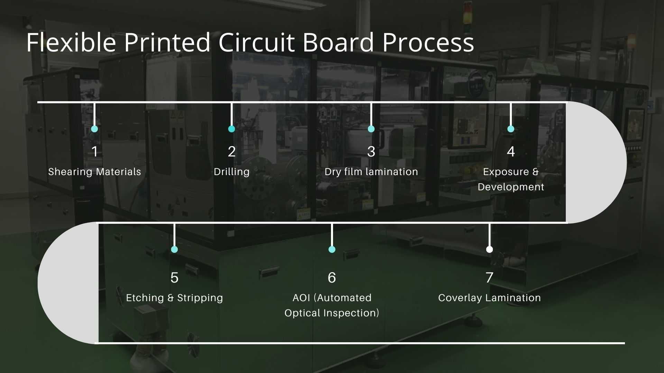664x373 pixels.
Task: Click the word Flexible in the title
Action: (x=71, y=42)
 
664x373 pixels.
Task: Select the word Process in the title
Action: (x=428, y=42)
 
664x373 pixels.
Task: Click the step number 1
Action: (x=94, y=152)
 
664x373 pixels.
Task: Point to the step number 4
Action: (x=511, y=152)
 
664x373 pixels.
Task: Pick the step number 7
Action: (x=489, y=278)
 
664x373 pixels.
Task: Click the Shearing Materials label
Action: (x=94, y=172)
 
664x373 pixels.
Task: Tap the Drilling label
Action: (x=231, y=172)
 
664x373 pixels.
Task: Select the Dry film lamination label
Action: (x=371, y=172)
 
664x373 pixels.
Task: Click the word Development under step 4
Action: (x=511, y=187)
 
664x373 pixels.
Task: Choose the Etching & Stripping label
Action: (x=174, y=298)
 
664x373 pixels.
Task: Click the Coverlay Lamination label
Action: (x=489, y=298)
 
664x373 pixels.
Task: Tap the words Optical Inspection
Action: (x=332, y=313)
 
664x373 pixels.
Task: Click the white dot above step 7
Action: (x=489, y=249)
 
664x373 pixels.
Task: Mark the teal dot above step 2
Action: (x=232, y=129)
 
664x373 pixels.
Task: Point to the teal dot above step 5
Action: (x=174, y=249)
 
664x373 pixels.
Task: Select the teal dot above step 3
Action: (x=371, y=129)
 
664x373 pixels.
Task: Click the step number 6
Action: (x=332, y=278)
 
